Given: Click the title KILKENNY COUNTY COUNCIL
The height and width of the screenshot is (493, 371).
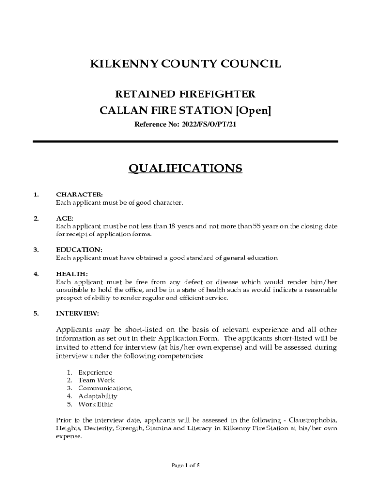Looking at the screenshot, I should [x=185, y=65].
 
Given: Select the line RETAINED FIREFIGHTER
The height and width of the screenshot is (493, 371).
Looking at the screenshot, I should [x=185, y=94].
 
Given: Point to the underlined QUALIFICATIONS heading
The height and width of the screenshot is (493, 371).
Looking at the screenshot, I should [x=185, y=169].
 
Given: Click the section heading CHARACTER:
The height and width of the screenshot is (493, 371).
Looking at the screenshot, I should [x=79, y=195].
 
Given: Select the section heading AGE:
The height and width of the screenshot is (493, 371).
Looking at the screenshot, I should [x=65, y=219].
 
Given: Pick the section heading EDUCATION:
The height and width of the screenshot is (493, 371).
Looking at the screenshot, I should [x=79, y=250].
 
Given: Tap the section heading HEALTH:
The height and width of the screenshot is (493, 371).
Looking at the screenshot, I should [x=72, y=274].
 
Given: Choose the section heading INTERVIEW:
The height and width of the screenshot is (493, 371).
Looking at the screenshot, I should [x=78, y=313].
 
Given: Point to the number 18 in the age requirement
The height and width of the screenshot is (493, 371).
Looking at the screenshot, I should [x=157, y=226].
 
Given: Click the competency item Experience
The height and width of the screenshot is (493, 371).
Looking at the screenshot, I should [x=95, y=373].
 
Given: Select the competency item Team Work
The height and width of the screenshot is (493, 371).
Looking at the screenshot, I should [x=96, y=380].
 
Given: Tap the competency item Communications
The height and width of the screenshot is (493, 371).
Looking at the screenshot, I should [x=105, y=389].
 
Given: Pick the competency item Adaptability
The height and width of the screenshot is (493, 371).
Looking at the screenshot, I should [x=98, y=396].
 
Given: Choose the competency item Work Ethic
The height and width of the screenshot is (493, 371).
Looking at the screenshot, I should [x=95, y=404].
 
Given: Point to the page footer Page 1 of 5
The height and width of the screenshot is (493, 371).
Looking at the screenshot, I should [x=185, y=466].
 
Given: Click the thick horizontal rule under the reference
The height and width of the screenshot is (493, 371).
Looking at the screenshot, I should [x=185, y=142].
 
